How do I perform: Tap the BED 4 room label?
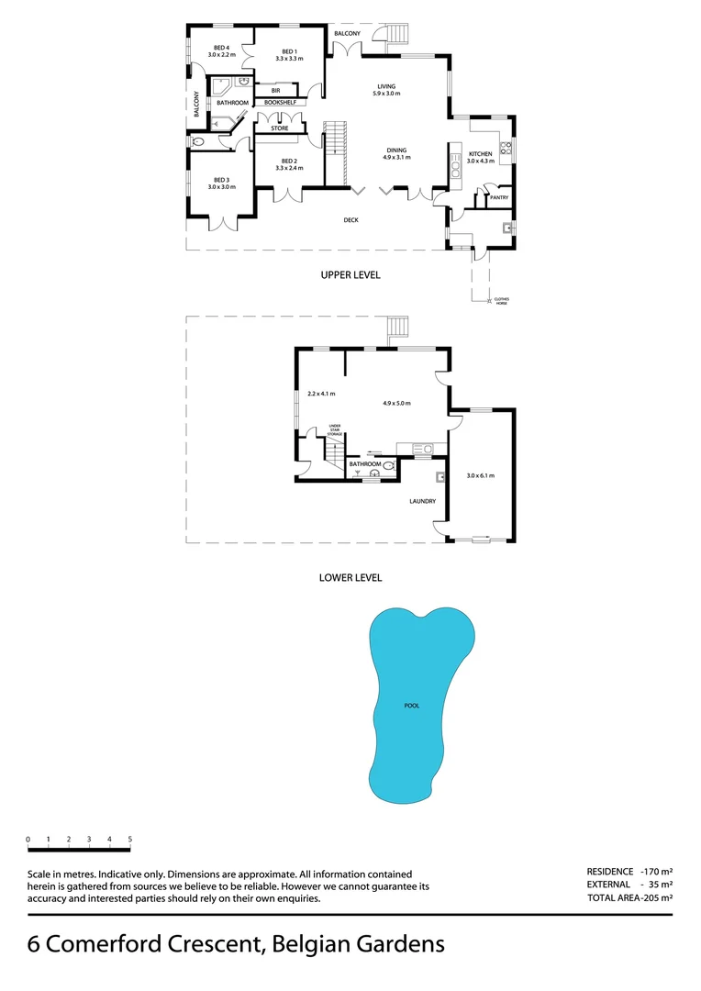[x=221, y=48]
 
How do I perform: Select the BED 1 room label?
[x=289, y=51]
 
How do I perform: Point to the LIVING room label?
[x=384, y=87]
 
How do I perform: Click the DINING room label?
[x=395, y=150]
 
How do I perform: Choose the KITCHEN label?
[x=480, y=154]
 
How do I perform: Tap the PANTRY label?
[x=499, y=197]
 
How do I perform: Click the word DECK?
[x=350, y=220]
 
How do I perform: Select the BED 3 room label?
[x=221, y=180]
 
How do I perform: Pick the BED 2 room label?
[x=289, y=161]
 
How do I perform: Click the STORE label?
[x=279, y=128]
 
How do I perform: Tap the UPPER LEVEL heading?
[x=350, y=275]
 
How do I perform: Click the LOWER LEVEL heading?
[x=350, y=578]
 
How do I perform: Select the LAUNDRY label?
[x=422, y=501]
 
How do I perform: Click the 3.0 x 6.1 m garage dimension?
[x=480, y=475]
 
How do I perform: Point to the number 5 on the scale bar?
[x=130, y=840]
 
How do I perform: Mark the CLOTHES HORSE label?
[x=501, y=301]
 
